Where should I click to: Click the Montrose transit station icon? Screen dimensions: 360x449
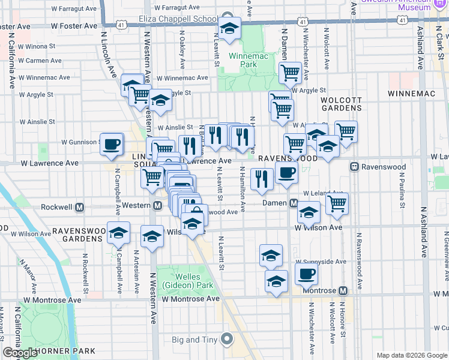click(x=343, y=290)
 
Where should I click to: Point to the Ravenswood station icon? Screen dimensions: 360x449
click(x=355, y=166)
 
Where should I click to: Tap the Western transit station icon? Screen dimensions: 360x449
click(x=157, y=206)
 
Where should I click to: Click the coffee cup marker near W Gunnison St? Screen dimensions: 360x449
click(x=112, y=145)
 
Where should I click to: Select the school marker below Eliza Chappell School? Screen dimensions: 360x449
click(x=229, y=28)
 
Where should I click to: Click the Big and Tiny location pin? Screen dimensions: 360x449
click(x=226, y=340)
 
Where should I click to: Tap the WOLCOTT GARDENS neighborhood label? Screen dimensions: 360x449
click(x=341, y=104)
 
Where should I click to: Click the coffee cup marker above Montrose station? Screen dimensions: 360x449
click(x=306, y=274)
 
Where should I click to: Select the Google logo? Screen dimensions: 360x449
click(x=20, y=353)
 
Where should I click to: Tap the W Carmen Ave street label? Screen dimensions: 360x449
click(x=40, y=61)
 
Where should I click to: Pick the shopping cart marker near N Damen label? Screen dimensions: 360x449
click(x=290, y=73)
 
